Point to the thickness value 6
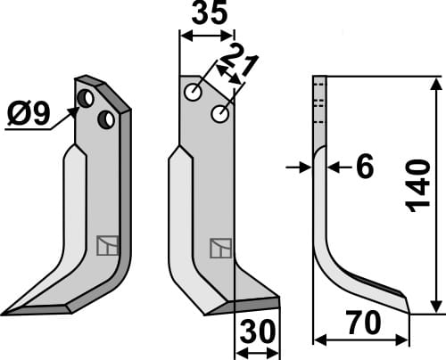click(364, 167)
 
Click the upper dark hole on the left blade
click(87, 97)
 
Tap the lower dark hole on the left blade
click(105, 118)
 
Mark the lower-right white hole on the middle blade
click(219, 113)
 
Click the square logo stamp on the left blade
click(107, 244)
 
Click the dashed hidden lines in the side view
click(318, 104)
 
